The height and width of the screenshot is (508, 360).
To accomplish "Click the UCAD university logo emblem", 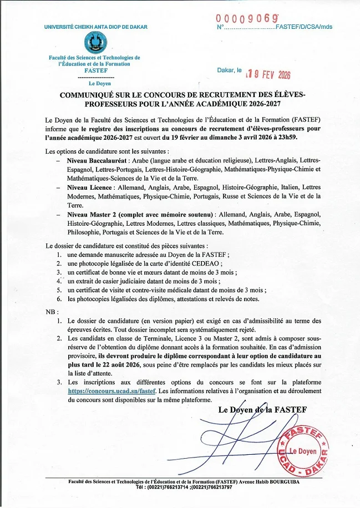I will point(95,43).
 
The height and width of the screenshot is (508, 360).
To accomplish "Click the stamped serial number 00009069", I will point(247,18).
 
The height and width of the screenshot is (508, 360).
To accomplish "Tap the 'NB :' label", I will point(51,312).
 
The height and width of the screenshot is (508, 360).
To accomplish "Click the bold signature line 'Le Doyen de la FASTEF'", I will point(262,410).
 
